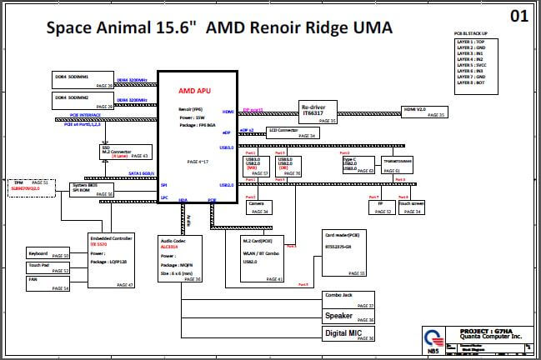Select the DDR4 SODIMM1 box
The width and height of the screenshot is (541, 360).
pyautogui.click(x=83, y=79)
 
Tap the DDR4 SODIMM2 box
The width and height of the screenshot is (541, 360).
pyautogui.click(x=83, y=101)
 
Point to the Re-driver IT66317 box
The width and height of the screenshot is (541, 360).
pyautogui.click(x=318, y=112)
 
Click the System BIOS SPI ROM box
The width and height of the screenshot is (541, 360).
pyautogui.click(x=91, y=188)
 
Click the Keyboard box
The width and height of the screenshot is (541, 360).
pyautogui.click(x=48, y=253)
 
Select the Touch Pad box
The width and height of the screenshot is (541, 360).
pyautogui.click(x=48, y=268)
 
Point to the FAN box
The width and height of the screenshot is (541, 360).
pyautogui.click(x=48, y=284)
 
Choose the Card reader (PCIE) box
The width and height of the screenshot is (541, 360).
pyautogui.click(x=344, y=253)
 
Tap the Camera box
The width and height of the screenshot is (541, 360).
pyautogui.click(x=259, y=207)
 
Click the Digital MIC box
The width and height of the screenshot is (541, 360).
pyautogui.click(x=349, y=333)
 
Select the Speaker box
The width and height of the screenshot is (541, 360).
pyautogui.click(x=349, y=317)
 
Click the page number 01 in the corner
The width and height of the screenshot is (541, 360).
pyautogui.click(x=518, y=15)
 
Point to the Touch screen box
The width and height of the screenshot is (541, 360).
pyautogui.click(x=410, y=207)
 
